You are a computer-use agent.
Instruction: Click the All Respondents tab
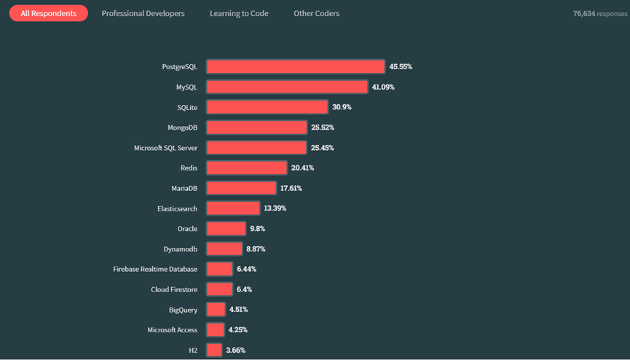48,13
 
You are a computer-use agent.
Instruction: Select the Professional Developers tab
143,13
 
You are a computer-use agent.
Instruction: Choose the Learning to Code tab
239,13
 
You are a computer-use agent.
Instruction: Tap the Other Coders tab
316,13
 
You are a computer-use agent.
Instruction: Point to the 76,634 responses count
599,13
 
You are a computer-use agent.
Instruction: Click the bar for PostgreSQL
295,66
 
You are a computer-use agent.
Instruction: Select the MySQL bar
287,87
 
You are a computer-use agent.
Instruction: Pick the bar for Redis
247,168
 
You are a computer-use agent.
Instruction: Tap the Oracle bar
226,229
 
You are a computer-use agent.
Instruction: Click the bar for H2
214,350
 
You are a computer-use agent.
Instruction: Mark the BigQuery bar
216,310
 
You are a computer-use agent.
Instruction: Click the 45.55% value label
401,66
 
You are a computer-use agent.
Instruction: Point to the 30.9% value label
342,107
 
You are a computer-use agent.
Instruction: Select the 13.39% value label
275,208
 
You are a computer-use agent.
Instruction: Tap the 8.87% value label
256,249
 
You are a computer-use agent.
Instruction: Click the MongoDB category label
182,128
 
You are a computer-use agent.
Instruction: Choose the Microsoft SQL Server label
165,148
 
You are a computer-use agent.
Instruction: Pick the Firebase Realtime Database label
155,269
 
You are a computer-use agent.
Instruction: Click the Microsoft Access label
172,330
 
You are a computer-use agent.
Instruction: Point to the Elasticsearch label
177,208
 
